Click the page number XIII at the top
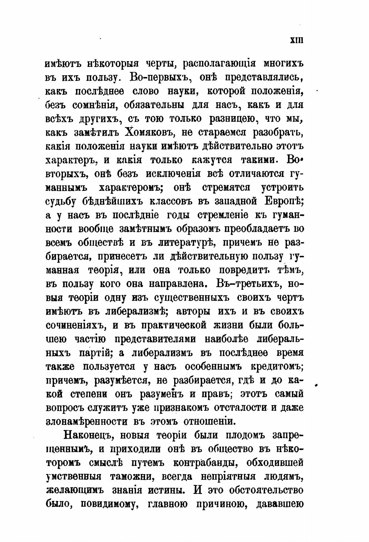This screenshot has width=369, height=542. (296, 40)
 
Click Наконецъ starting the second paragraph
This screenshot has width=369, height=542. (88, 435)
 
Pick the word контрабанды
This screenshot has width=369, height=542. (206, 462)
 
